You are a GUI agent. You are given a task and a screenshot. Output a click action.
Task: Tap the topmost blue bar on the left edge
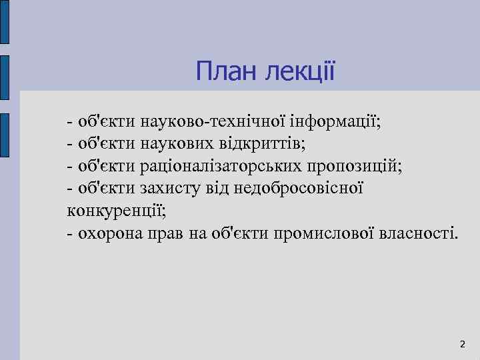pos(4,23)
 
